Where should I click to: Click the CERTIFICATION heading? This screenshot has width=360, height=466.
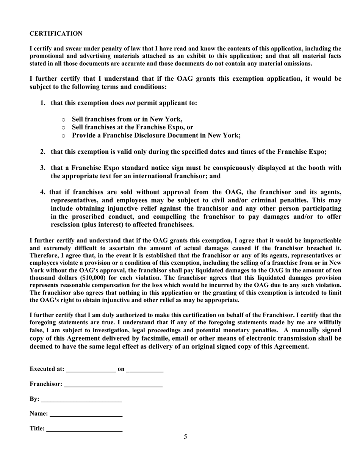tap(56, 34)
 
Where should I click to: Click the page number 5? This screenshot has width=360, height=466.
tap(185, 437)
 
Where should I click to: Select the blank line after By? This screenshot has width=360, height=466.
tap(81, 400)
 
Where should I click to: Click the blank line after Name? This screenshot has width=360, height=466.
tap(86, 414)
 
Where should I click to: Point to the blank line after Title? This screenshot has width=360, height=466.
tap(84, 430)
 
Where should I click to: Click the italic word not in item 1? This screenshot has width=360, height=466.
tap(130, 103)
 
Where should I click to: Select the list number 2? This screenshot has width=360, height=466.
tap(43, 152)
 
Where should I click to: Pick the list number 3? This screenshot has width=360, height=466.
tap(43, 168)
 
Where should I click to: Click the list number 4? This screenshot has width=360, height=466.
tap(43, 192)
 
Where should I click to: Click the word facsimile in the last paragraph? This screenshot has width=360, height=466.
tap(157, 338)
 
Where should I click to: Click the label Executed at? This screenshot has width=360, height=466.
tap(47, 369)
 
